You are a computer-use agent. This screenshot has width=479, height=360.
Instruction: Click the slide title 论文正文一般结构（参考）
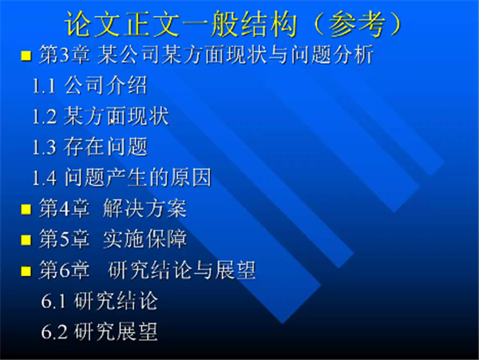pos(233,25)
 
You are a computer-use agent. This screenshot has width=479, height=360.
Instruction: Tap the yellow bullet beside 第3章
pos(26,56)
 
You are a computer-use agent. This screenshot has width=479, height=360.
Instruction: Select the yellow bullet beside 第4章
pos(26,209)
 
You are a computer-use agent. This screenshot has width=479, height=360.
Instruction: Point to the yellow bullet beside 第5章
pos(26,240)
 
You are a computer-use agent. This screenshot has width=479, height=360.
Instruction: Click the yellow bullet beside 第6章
pos(26,271)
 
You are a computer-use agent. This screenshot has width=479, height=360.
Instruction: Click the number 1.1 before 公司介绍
pos(44,86)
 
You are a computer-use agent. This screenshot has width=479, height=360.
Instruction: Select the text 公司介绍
pos(106,85)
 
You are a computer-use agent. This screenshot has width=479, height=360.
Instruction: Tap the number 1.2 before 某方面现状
pos(44,117)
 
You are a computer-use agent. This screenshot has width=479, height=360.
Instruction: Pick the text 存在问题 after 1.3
pos(106,147)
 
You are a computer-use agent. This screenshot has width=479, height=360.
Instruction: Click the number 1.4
pos(44,178)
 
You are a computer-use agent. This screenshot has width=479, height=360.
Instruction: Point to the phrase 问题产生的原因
pos(138,177)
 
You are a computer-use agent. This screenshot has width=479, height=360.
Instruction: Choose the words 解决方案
pos(144,208)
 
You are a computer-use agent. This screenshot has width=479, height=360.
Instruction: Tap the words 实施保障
pos(144,239)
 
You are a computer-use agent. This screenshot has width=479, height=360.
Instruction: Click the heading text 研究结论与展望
pos(182,271)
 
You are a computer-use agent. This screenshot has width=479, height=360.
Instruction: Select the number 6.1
pos(53,302)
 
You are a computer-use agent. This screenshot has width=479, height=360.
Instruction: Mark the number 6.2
pos(54,332)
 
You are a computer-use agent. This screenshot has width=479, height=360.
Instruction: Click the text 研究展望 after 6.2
pos(116,331)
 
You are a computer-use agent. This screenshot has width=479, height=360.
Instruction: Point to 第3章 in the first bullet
pos(65,55)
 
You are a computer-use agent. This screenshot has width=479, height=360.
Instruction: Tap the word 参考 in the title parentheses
pos(357,25)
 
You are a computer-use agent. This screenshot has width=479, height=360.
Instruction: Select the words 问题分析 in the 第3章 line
pos(332,55)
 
